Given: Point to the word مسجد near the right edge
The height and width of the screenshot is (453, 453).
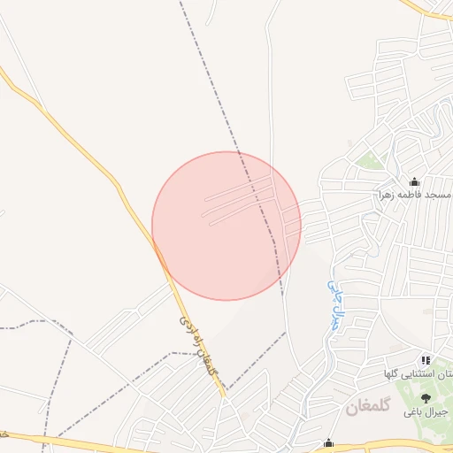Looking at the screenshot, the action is tap(439, 194).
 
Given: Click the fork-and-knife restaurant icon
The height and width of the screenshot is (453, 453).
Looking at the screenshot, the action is tap(426, 360).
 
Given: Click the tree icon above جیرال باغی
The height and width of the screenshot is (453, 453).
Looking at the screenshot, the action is tap(426, 398).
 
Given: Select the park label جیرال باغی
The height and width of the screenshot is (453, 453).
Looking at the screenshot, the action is tap(422, 412).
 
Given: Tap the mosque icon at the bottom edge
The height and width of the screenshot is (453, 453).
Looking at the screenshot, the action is tap(329, 443).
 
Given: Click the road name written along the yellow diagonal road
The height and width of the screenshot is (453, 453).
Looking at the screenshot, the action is tap(197, 345).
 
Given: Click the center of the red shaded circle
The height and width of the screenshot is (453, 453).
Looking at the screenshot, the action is tap(226, 226).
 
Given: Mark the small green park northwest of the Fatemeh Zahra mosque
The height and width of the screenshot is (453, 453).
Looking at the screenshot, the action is tap(370, 161).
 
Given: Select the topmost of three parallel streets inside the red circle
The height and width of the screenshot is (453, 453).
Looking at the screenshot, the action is tap(239, 188).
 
